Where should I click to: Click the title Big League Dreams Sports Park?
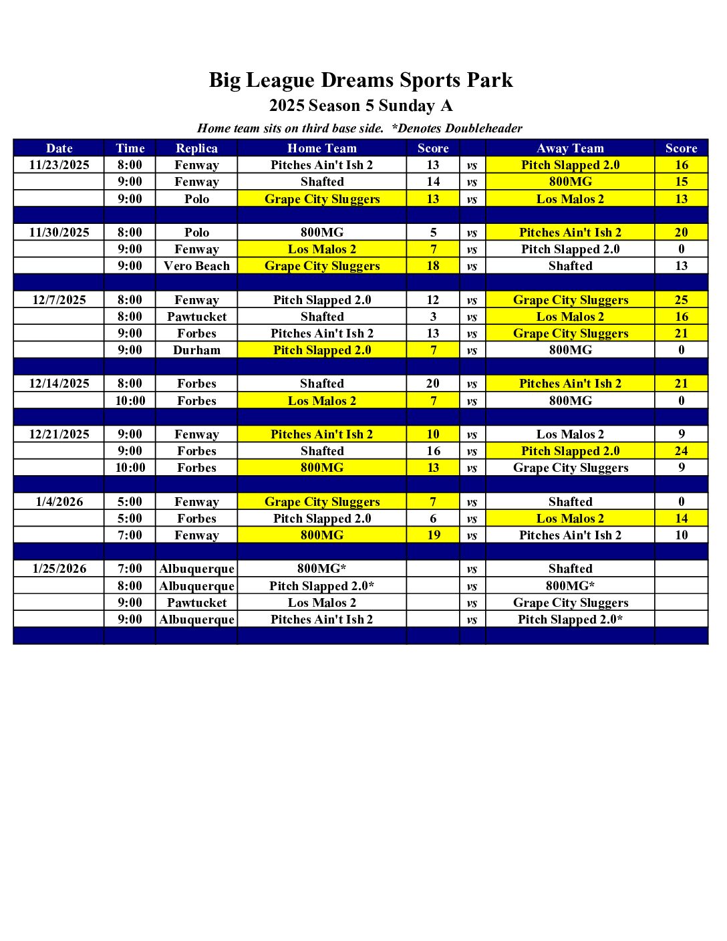361,80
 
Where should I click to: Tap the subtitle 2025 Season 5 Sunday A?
361,106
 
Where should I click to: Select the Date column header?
59,148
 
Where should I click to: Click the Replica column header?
196,148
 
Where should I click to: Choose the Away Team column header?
570,148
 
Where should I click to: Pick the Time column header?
130,148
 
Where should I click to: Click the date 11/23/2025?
59,165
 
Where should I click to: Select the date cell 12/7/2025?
59,300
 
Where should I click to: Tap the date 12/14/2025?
59,384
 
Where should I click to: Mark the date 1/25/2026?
59,569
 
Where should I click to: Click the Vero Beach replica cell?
196,266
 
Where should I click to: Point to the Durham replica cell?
196,350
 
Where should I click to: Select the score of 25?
681,300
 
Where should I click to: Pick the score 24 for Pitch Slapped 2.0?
681,451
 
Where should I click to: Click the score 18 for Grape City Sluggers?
433,266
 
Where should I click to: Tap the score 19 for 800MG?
433,535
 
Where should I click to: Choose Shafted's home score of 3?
433,317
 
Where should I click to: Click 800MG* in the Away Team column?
570,586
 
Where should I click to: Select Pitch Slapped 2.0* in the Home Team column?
321,586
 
